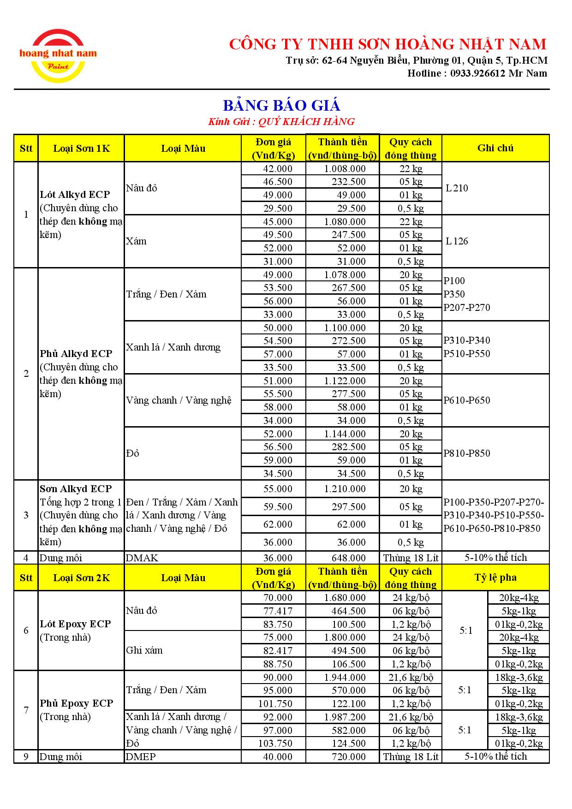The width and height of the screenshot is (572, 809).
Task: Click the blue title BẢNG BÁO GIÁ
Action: [281, 106]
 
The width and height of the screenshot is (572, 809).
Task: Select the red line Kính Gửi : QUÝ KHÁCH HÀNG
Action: [281, 122]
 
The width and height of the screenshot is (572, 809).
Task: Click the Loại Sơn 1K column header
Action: [81, 149]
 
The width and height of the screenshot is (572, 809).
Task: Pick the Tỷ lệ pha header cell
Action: [495, 577]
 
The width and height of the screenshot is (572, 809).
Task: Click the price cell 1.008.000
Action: [345, 169]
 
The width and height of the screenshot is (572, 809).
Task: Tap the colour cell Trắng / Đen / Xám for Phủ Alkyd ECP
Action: [166, 294]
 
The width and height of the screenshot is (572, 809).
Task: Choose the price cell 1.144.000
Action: [345, 434]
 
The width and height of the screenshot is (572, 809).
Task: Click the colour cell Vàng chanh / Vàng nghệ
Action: [179, 400]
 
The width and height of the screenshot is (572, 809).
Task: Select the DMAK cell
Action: [142, 558]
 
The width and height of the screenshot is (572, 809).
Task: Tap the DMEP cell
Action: [141, 757]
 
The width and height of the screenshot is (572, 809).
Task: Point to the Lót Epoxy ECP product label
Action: [75, 624]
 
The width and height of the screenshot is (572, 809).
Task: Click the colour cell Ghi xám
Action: [144, 650]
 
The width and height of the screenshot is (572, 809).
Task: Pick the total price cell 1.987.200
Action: [345, 717]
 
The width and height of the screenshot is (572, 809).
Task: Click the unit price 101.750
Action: [275, 704]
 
